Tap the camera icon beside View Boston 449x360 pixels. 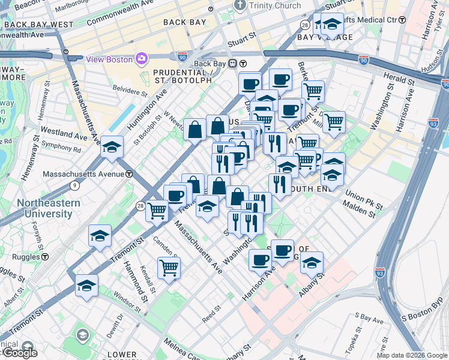click(142, 58)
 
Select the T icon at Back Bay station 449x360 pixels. click(244, 64)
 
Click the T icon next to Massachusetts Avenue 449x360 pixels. click(129, 174)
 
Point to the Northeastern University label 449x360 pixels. click(48, 208)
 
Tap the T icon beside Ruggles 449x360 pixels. click(44, 256)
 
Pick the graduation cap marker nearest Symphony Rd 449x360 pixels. click(112, 146)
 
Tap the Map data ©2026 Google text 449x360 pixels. click(412, 355)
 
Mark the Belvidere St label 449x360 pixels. click(130, 92)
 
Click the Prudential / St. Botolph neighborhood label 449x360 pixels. click(181, 75)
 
